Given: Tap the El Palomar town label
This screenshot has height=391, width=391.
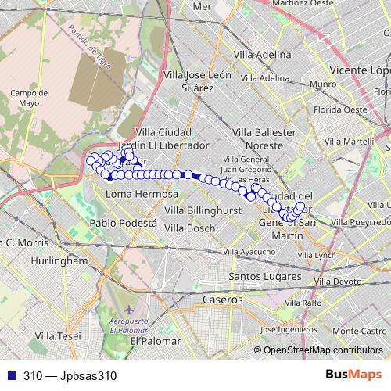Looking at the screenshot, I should [155, 341].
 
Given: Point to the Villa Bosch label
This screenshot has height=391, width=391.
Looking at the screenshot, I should [188, 228].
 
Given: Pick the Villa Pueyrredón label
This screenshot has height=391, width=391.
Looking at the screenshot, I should [361, 223].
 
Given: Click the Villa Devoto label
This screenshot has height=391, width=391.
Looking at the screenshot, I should [338, 281].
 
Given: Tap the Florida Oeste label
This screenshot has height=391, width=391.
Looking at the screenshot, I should [340, 109].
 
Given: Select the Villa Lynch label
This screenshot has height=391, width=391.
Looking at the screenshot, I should [316, 255].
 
